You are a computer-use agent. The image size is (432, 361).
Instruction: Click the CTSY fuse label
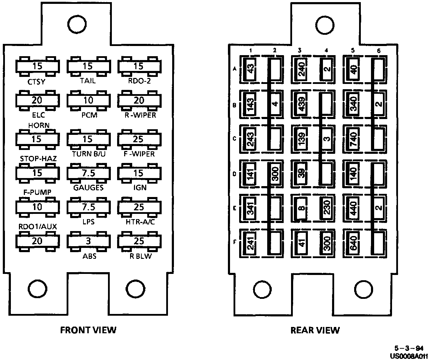tap(37, 82)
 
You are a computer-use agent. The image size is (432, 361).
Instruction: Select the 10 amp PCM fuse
tap(88, 100)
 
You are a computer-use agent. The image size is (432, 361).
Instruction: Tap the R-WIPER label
tap(140, 115)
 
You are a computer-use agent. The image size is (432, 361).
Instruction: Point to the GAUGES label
tap(88, 188)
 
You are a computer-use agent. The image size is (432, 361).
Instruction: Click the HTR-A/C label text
tap(140, 222)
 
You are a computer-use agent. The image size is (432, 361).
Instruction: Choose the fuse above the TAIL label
tap(88, 66)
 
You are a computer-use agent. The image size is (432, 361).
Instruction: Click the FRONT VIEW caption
tap(88, 330)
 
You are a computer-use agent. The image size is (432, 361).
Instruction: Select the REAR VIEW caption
tap(315, 330)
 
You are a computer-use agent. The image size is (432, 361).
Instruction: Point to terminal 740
tap(353, 139)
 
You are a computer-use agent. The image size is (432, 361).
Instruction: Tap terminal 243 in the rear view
tap(251, 139)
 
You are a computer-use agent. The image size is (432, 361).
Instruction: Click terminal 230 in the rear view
tap(326, 208)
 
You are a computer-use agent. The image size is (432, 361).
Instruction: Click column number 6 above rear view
tap(378, 51)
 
